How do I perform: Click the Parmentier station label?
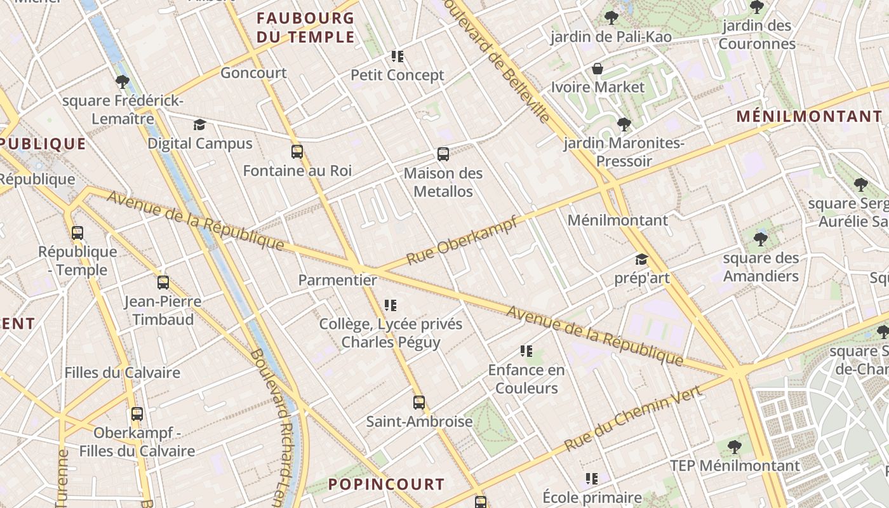coord(337,280)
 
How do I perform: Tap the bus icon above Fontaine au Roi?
coord(297,152)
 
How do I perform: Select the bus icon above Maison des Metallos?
coord(443,154)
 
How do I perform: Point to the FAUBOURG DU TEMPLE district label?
coord(305,27)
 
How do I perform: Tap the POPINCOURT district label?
coord(386,485)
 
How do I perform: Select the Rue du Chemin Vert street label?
coord(633,418)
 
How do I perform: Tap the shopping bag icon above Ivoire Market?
coord(598,69)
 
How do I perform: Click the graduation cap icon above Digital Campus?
coord(200,124)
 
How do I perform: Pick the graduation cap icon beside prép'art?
coord(641,259)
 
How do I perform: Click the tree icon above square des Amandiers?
coord(761,239)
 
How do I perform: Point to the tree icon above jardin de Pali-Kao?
coord(612,18)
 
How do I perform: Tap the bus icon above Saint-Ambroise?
coord(419,402)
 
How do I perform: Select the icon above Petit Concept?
coord(398,57)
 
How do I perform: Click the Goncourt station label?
coord(253,73)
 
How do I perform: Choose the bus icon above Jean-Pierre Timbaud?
coord(163,283)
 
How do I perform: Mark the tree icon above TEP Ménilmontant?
coord(735,447)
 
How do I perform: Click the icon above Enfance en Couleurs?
coord(526,351)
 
